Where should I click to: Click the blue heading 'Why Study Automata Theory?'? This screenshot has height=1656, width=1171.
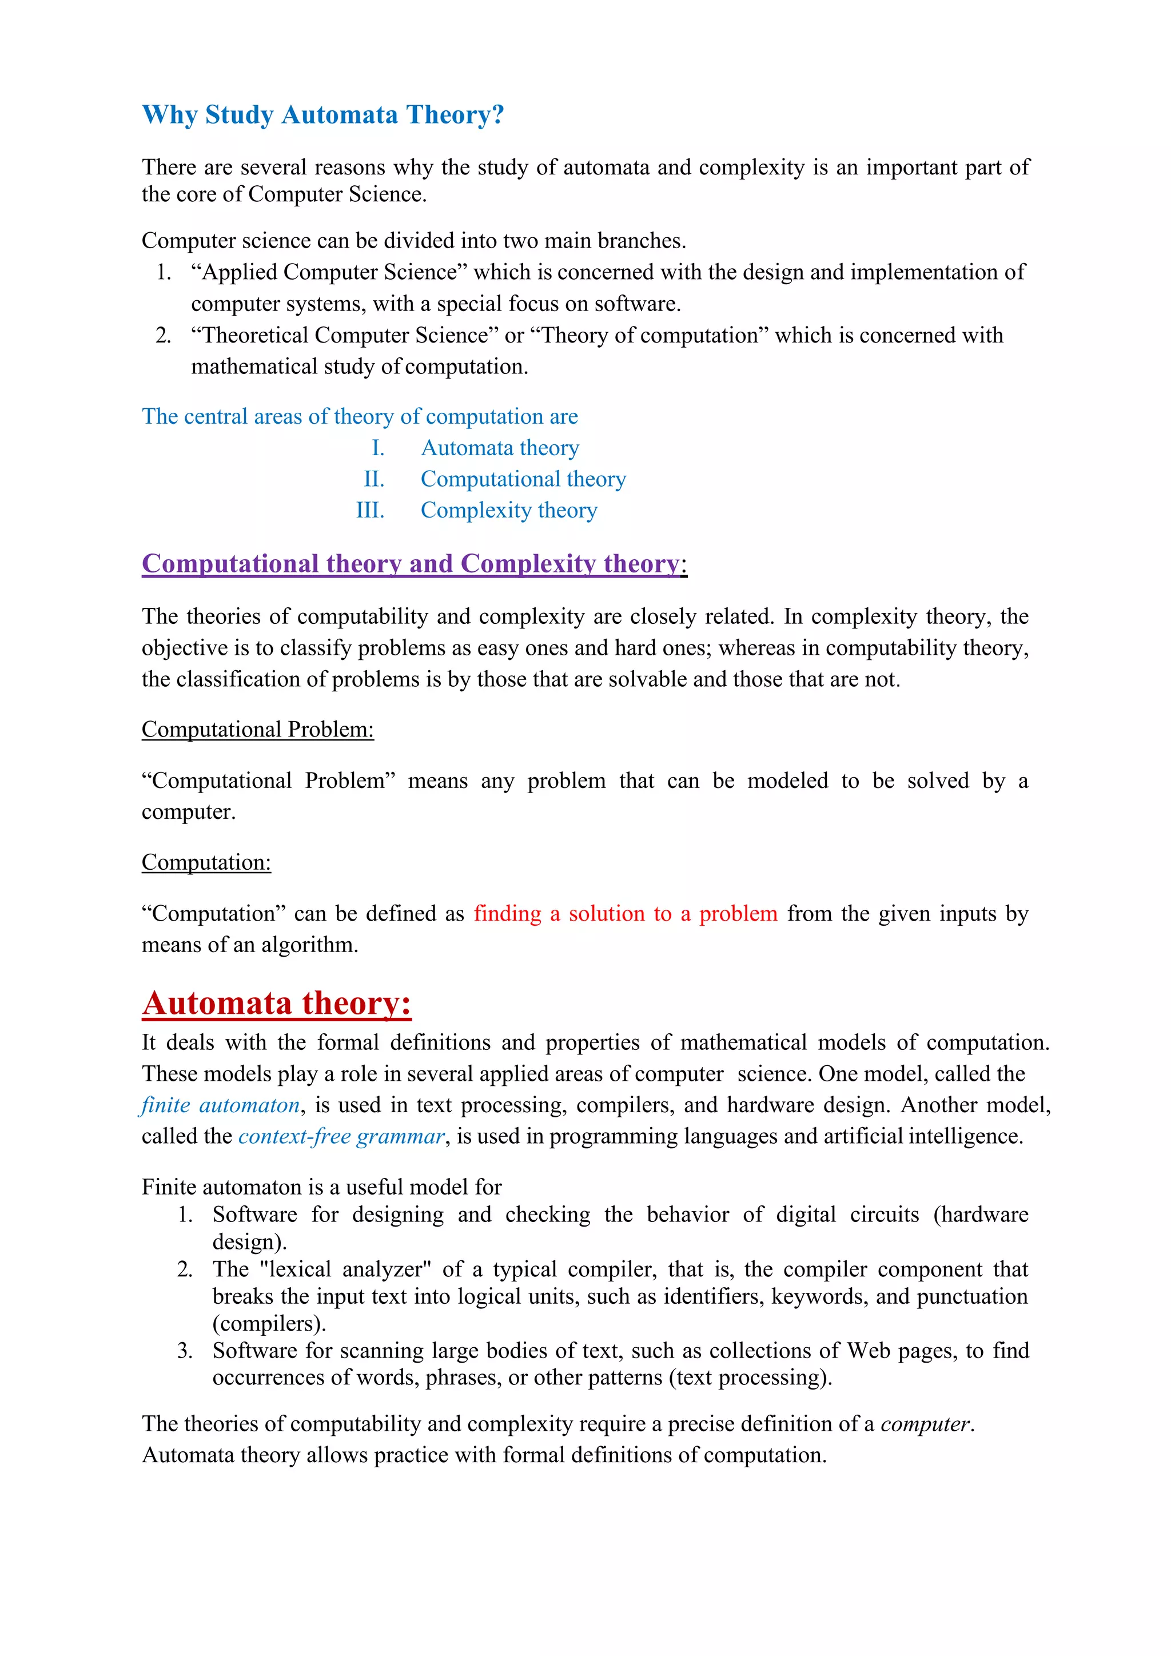click(x=322, y=116)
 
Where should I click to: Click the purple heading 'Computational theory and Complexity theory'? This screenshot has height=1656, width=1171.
click(x=411, y=563)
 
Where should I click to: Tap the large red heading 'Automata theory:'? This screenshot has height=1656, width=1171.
click(x=276, y=1004)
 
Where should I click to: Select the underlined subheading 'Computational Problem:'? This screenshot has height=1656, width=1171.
click(x=257, y=729)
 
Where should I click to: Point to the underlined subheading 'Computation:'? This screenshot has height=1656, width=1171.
click(x=206, y=862)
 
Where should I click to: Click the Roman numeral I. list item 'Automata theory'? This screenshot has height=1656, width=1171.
click(x=500, y=448)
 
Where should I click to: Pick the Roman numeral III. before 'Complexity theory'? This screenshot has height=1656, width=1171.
click(x=370, y=510)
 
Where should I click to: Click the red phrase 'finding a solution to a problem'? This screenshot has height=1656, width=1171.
click(x=625, y=913)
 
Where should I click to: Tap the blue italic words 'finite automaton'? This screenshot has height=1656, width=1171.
click(x=221, y=1105)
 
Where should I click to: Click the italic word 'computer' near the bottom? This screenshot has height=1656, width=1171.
click(x=926, y=1424)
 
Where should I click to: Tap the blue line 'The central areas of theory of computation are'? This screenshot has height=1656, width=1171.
click(x=360, y=416)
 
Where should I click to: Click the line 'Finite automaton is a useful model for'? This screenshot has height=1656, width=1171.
click(x=321, y=1187)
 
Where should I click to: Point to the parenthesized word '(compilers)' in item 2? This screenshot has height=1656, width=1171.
click(x=269, y=1324)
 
